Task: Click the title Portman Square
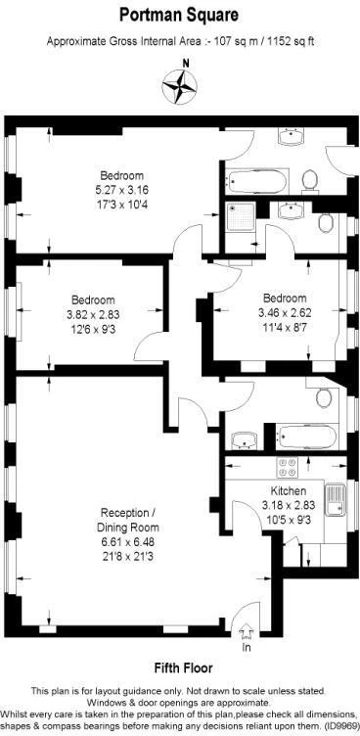pyautogui.click(x=178, y=15)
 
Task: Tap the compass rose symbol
pyautogui.click(x=179, y=87)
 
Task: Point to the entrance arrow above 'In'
pyautogui.click(x=246, y=632)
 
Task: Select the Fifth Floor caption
pyautogui.click(x=184, y=667)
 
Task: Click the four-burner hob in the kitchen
pyautogui.click(x=288, y=467)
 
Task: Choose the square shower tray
pyautogui.click(x=241, y=216)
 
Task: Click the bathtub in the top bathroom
pyautogui.click(x=256, y=182)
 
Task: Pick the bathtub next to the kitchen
pyautogui.click(x=306, y=437)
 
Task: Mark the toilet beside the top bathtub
pyautogui.click(x=310, y=182)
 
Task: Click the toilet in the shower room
pyautogui.click(x=326, y=222)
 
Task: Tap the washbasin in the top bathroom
pyautogui.click(x=291, y=136)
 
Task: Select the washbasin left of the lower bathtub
pyautogui.click(x=244, y=440)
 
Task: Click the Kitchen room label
pyautogui.click(x=289, y=491)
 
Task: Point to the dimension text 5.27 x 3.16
pyautogui.click(x=122, y=191)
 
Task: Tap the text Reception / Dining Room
pyautogui.click(x=128, y=519)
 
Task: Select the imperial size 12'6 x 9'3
pyautogui.click(x=92, y=330)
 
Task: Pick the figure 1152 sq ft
pyautogui.click(x=291, y=41)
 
